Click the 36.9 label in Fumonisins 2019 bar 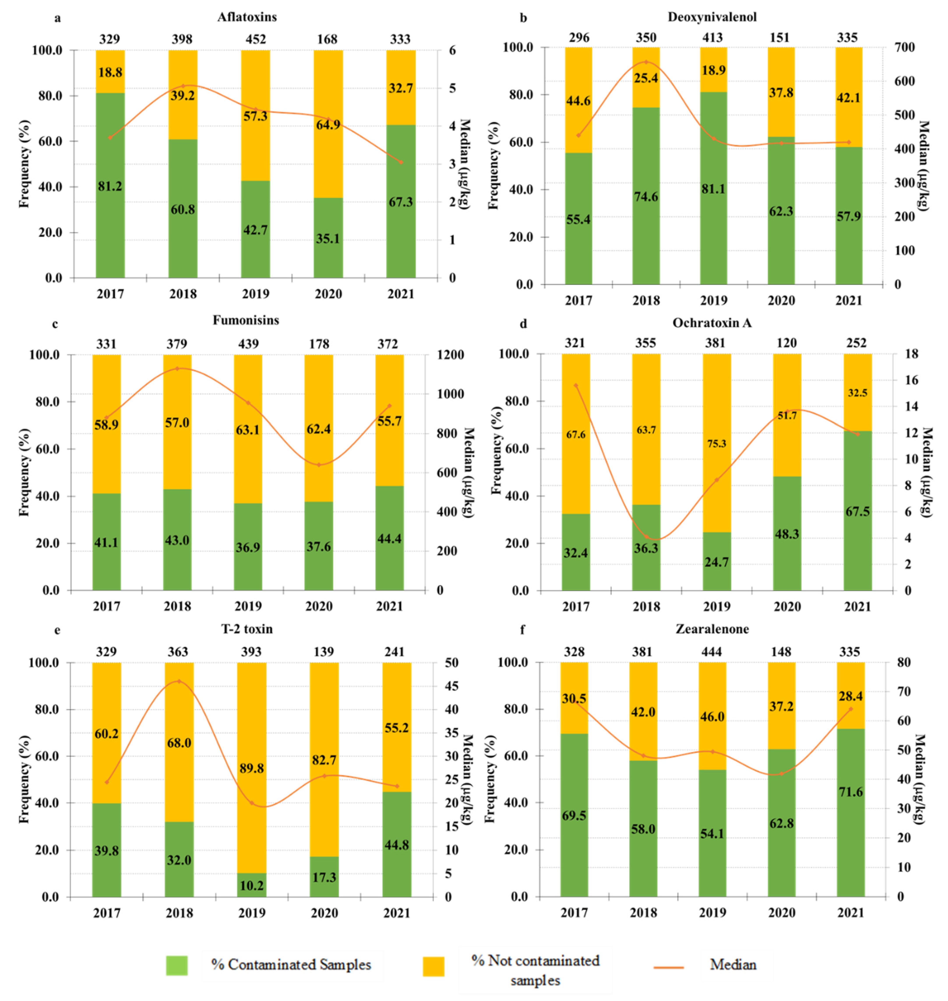(248, 547)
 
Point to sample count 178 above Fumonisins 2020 (319, 344)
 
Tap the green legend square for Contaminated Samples (177, 965)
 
